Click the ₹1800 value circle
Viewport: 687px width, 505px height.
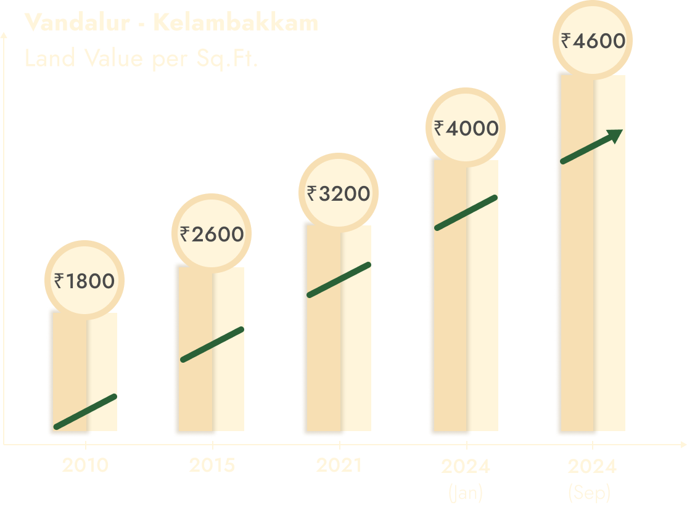coord(84,281)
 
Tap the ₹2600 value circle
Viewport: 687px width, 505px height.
coord(212,233)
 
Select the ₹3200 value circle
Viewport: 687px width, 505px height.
coord(339,193)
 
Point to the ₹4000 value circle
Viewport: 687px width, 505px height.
coord(466,128)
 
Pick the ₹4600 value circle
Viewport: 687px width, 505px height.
coord(593,41)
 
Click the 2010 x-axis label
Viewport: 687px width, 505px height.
coord(85,465)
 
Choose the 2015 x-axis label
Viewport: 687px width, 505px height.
coord(212,465)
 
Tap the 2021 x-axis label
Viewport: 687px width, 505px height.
coord(339,465)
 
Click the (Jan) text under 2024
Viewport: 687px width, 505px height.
coord(466,492)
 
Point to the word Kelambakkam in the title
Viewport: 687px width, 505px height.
coord(236,23)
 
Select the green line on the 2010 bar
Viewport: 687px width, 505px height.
coord(85,411)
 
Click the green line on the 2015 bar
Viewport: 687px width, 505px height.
coord(212,344)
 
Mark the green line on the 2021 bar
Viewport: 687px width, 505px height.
coord(339,280)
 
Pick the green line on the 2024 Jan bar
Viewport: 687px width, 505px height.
coord(466,212)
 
